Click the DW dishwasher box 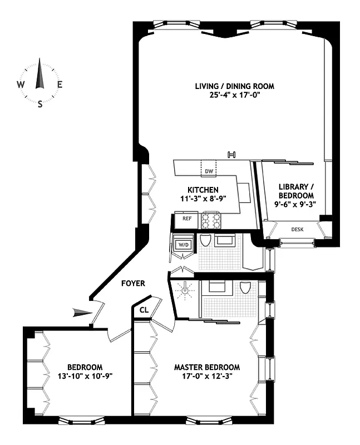tap(209, 171)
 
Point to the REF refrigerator tap(187, 219)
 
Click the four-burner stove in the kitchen tap(211, 220)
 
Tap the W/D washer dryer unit tap(183, 244)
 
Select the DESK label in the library tap(298, 229)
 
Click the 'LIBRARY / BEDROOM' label tap(296, 191)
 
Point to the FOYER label tap(134, 283)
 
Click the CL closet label tap(144, 310)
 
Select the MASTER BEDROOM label tap(206, 367)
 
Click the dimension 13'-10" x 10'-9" tap(85, 376)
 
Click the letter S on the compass tap(40, 104)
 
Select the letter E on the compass tap(60, 85)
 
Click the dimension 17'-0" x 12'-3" tap(206, 376)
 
